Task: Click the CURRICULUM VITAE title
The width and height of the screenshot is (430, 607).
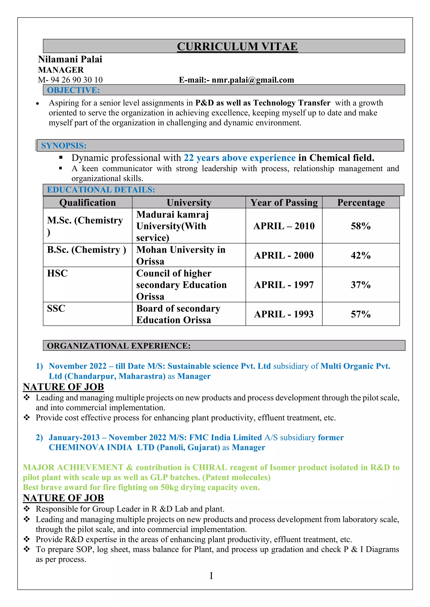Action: pos(237,47)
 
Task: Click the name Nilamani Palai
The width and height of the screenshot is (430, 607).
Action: pos(70,59)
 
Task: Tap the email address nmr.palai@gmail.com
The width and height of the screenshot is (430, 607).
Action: pos(253,80)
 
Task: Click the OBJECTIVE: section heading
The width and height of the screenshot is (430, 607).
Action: pos(73,90)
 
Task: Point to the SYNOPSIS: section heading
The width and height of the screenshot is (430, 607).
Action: pos(64,146)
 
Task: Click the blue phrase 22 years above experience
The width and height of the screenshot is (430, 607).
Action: pos(239,158)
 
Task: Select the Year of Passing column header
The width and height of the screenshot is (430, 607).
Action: pos(284,203)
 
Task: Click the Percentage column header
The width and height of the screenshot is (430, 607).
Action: pos(361,203)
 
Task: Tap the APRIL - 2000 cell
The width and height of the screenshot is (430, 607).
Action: pos(284,255)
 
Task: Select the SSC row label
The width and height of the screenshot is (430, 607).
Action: pos(56,308)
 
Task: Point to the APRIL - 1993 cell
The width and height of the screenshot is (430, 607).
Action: pos(284,314)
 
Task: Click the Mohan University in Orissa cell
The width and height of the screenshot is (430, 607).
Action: pos(181,255)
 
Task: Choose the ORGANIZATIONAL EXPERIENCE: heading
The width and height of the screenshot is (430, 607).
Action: pos(119,346)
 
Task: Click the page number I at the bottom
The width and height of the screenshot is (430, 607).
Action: pos(211,576)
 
